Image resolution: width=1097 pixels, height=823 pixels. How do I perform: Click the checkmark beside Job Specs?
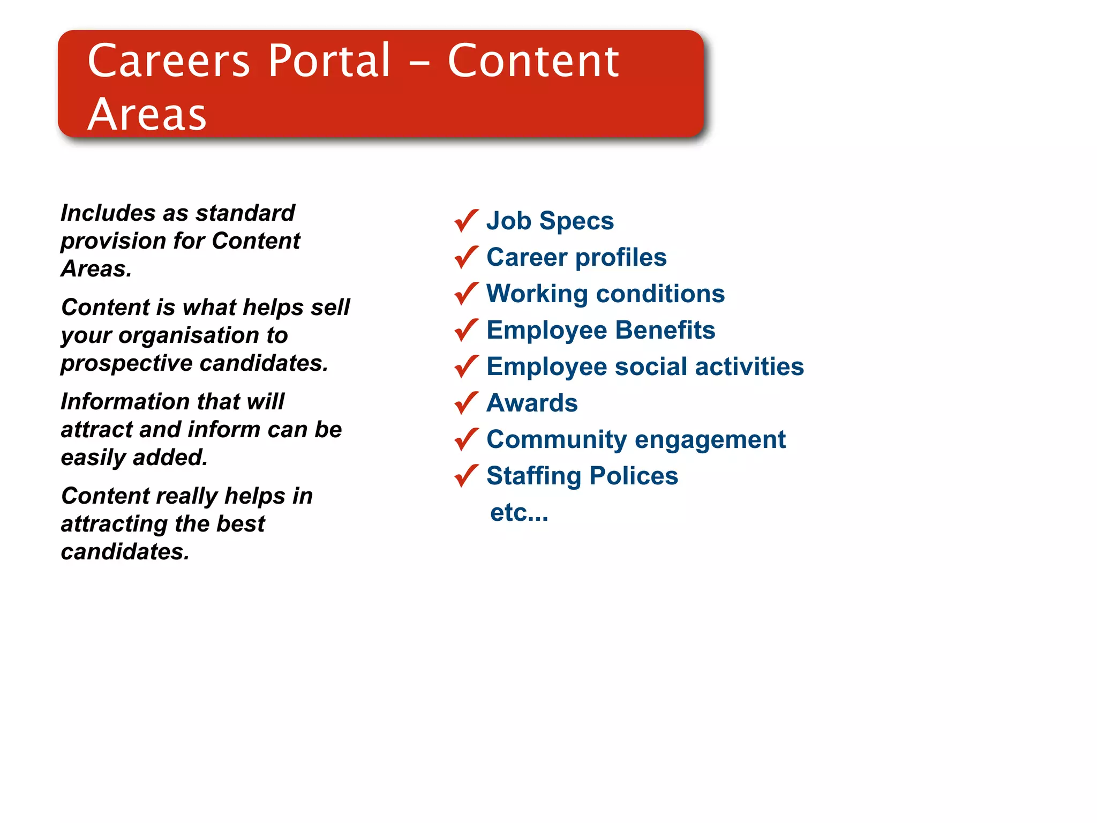tap(466, 220)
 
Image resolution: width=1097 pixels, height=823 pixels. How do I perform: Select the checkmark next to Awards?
tap(466, 402)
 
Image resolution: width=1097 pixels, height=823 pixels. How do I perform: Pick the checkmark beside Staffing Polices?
tap(466, 475)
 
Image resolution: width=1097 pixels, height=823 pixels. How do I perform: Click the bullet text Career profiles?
tap(576, 257)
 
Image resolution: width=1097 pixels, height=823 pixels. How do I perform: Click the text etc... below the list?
tap(519, 513)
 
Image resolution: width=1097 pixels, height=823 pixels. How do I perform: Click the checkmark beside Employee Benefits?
tap(466, 330)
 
